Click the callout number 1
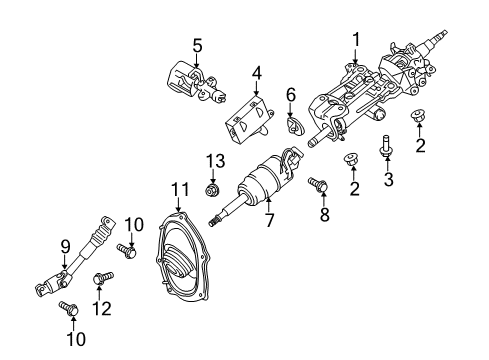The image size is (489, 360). (x=355, y=38)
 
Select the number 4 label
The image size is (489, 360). (x=256, y=72)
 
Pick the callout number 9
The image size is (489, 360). (x=65, y=243)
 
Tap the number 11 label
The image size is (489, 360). (x=179, y=188)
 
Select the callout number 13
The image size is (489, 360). (x=211, y=160)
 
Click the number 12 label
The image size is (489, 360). (x=98, y=308)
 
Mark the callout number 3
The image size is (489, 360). (x=385, y=180)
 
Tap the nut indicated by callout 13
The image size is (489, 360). (x=211, y=187)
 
